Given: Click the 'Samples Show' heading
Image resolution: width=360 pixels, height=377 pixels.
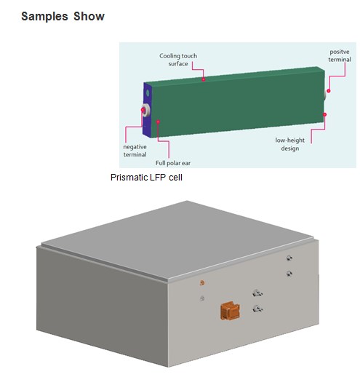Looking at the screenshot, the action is tap(63, 17).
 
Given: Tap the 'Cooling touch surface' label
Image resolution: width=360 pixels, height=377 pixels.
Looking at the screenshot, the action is tap(178, 60).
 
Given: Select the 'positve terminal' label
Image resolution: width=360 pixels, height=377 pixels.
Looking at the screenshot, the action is tap(340, 55).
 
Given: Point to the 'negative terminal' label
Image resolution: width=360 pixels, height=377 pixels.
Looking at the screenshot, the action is tap(135, 151).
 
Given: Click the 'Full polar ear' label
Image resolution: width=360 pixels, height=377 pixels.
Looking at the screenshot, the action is tap(173, 163).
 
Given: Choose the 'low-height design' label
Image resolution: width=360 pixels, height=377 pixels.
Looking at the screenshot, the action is tap(290, 144).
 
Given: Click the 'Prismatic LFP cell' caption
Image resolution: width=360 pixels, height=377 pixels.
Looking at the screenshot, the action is tap(146, 178).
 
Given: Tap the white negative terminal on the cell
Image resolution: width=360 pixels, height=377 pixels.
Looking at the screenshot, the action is tap(146, 110).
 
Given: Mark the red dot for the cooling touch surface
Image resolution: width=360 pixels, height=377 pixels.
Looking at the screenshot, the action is tap(204, 79).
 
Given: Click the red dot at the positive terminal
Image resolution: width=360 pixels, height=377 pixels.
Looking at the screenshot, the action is tap(329, 91).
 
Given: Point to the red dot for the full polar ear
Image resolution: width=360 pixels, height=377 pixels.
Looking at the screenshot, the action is tap(158, 122).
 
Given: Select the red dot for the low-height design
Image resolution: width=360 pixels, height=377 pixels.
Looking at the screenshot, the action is tap(324, 114).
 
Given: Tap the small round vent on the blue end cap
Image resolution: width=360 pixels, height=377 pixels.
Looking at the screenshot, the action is tap(148, 92).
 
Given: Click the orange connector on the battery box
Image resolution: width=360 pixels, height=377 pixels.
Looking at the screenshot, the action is tap(230, 311).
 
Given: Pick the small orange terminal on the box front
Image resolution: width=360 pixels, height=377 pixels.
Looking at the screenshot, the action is tap(202, 282).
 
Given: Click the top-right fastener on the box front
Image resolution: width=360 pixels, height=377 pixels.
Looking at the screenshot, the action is tap(289, 258).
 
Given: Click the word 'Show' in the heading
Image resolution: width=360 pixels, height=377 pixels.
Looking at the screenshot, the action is tap(89, 17).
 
